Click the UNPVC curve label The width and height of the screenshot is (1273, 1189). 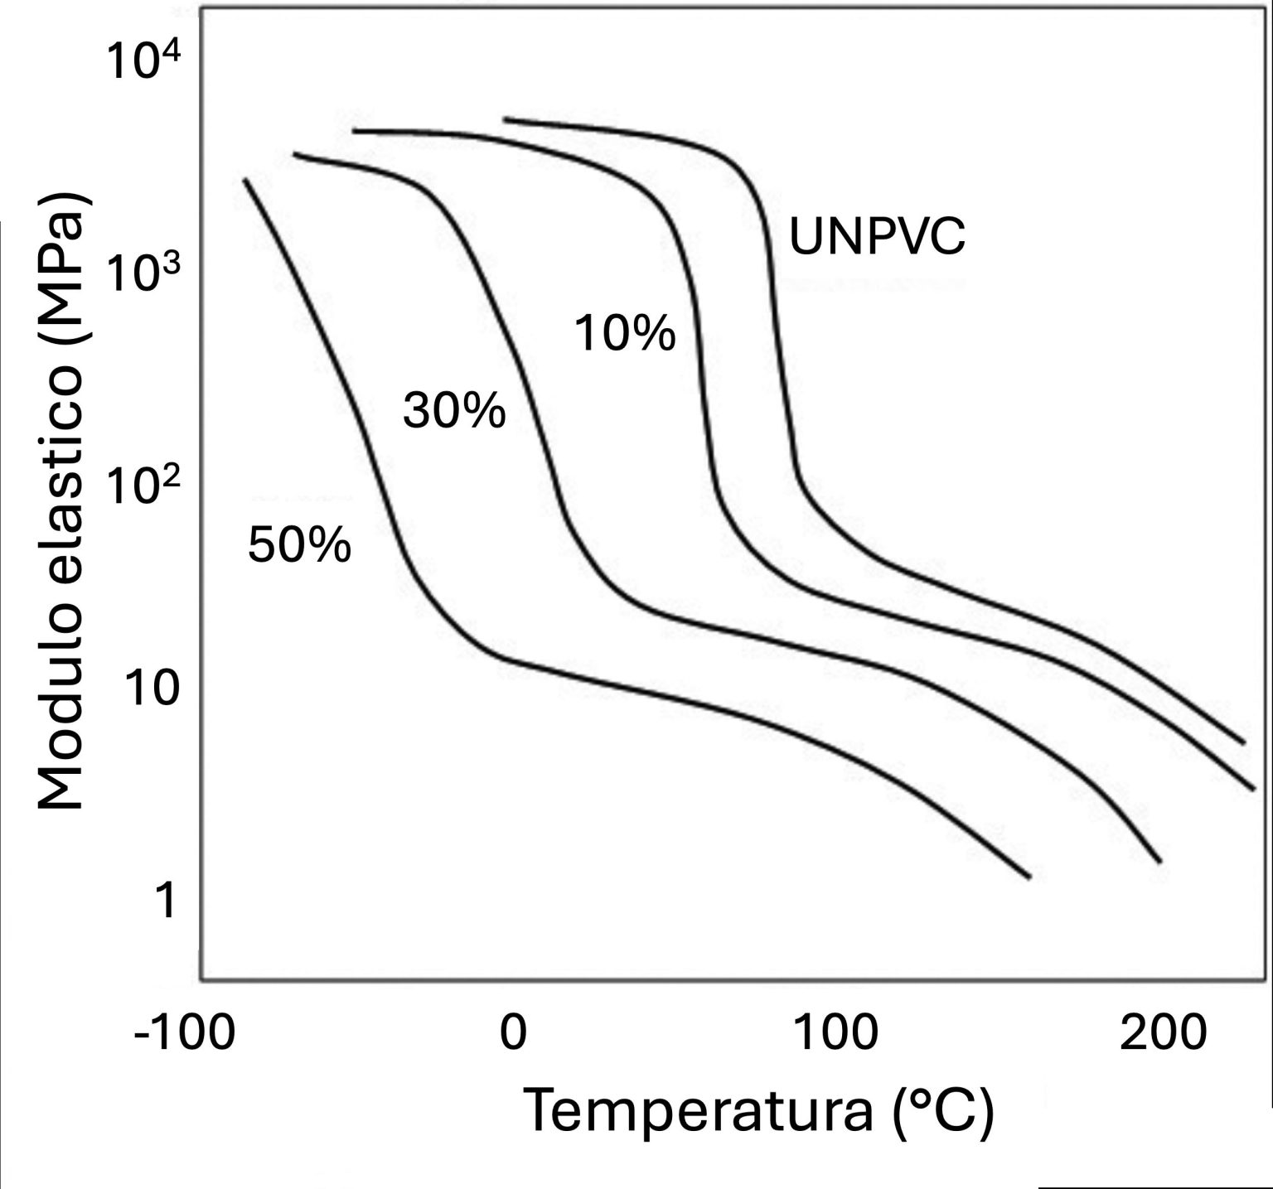coord(877,236)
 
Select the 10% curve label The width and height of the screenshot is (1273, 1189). coord(625,334)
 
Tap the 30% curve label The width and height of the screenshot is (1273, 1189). coord(453,410)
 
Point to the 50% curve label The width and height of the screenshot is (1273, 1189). coord(299,545)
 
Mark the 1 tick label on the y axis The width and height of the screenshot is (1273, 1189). coord(167,901)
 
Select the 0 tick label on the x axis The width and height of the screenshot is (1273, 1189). coord(513,1033)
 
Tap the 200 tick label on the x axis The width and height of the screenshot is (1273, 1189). coord(1162,1033)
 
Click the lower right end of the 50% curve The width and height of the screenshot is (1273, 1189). coord(1029,877)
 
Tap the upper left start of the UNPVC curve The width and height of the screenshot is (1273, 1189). coord(505,120)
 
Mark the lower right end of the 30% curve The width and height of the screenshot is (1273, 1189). coord(1159,862)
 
